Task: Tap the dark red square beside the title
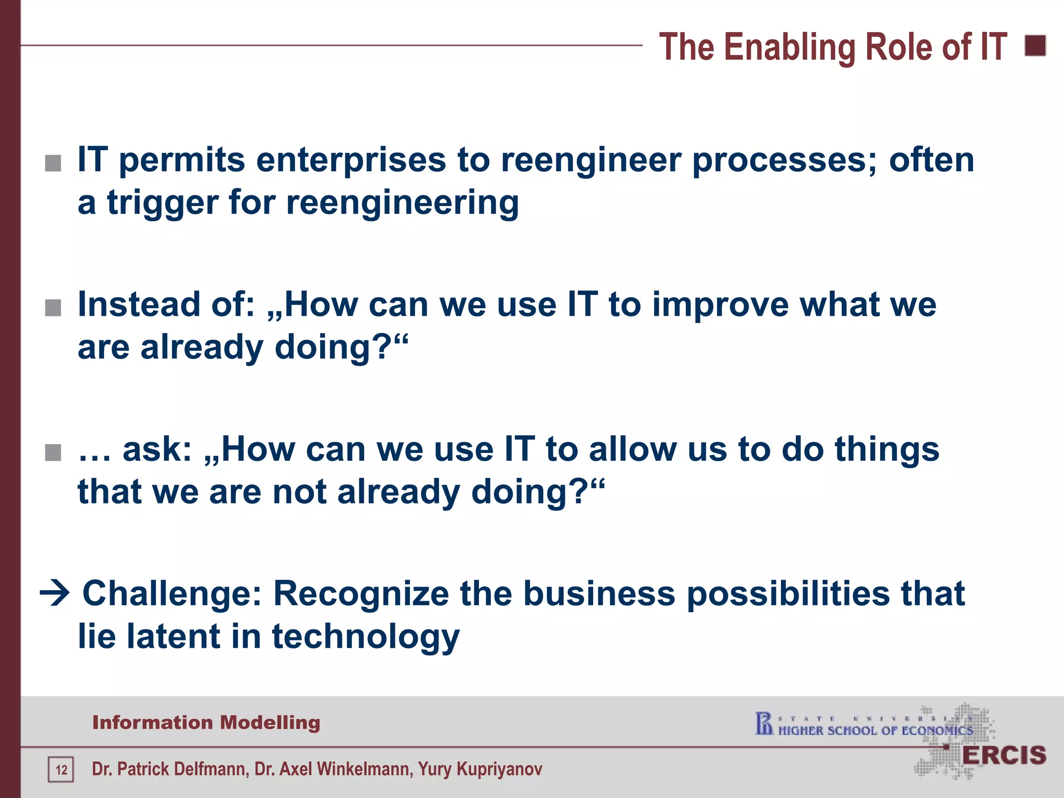click(1034, 46)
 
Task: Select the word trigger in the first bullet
click(162, 203)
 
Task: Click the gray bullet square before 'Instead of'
click(53, 308)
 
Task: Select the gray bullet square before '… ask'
click(53, 453)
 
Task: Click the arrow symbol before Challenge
click(55, 593)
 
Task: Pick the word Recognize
click(361, 594)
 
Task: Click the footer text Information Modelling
click(206, 723)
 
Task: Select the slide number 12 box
click(61, 769)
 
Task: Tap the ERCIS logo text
click(1003, 755)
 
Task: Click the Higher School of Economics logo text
click(875, 730)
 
